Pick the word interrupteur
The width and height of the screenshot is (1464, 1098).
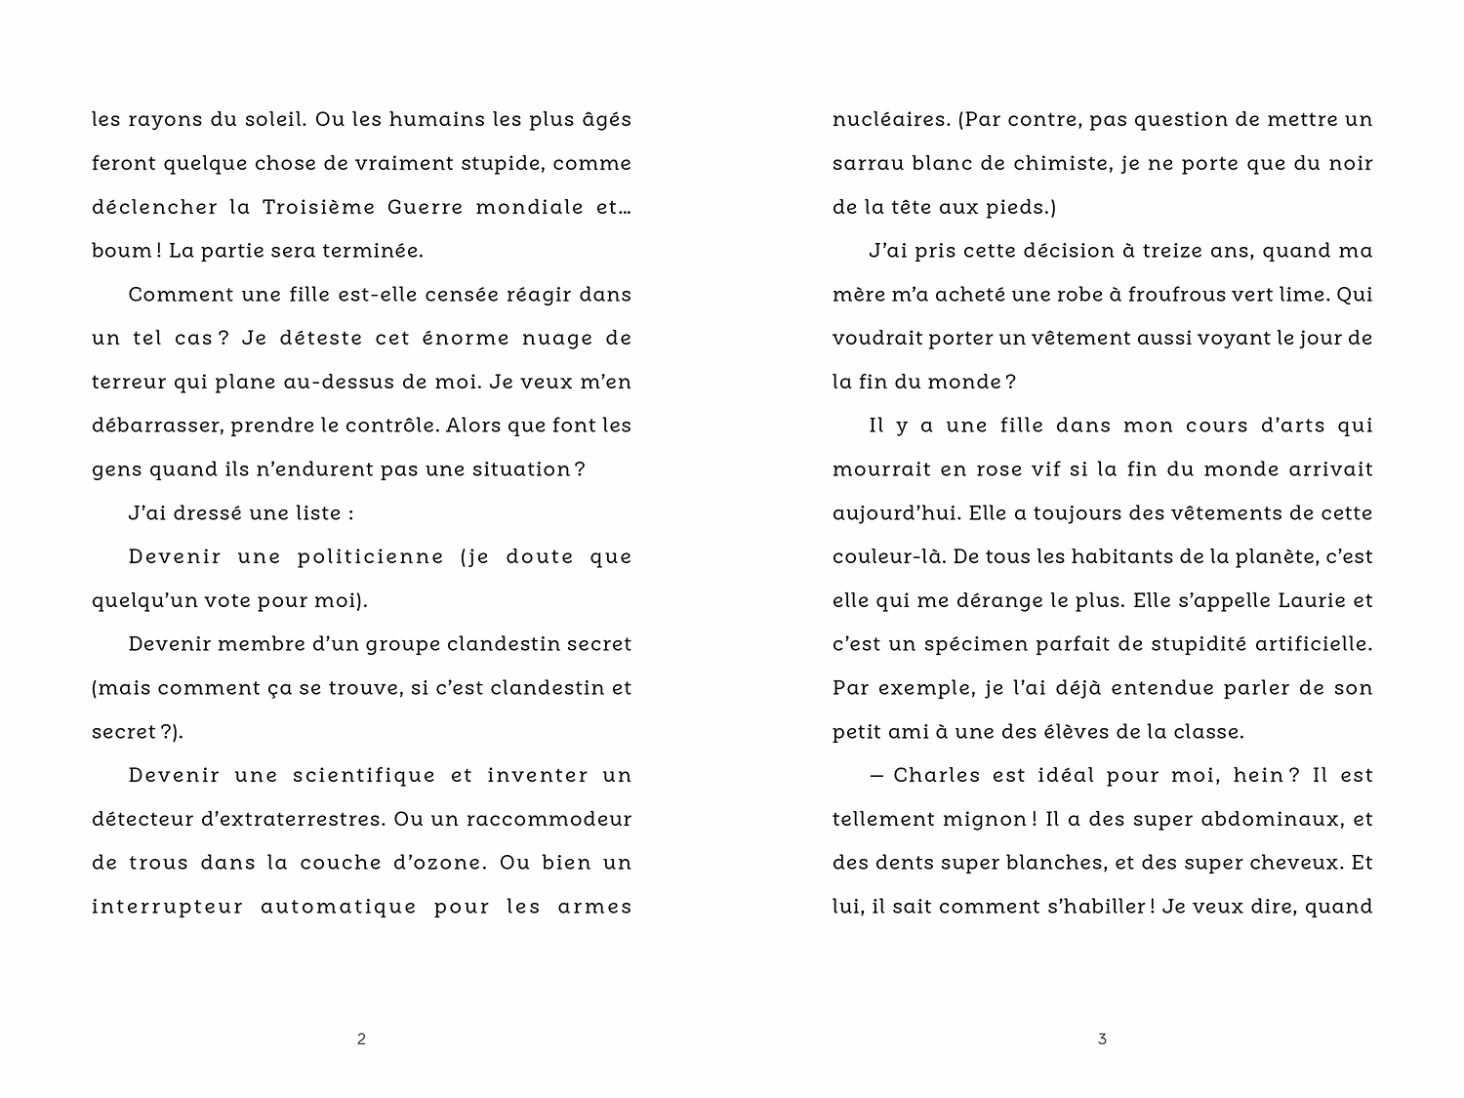(x=167, y=907)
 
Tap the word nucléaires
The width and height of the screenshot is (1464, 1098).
(x=889, y=120)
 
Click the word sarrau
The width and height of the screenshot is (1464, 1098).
(x=865, y=164)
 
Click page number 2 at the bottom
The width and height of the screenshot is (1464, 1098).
(x=362, y=1039)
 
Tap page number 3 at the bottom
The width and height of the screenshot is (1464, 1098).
(x=1102, y=1039)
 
